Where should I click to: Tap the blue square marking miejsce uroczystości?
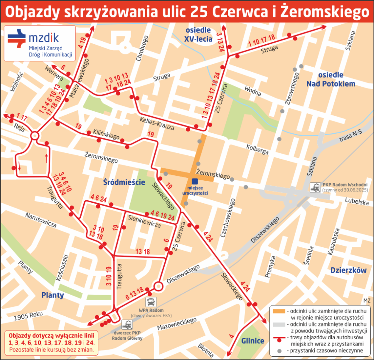195,181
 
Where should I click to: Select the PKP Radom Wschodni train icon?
316,187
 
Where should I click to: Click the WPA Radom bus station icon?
151,302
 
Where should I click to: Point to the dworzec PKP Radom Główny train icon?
127,325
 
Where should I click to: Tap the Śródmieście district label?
124,182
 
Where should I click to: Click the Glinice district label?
253,341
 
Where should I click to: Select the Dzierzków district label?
348,270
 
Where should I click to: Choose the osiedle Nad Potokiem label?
331,79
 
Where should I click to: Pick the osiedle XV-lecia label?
198,34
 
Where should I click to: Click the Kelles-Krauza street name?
157,123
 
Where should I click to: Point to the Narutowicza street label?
41,220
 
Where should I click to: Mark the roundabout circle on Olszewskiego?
159,286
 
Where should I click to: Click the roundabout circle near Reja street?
35,136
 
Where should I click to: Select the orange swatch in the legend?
279,311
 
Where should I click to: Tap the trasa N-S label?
350,136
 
